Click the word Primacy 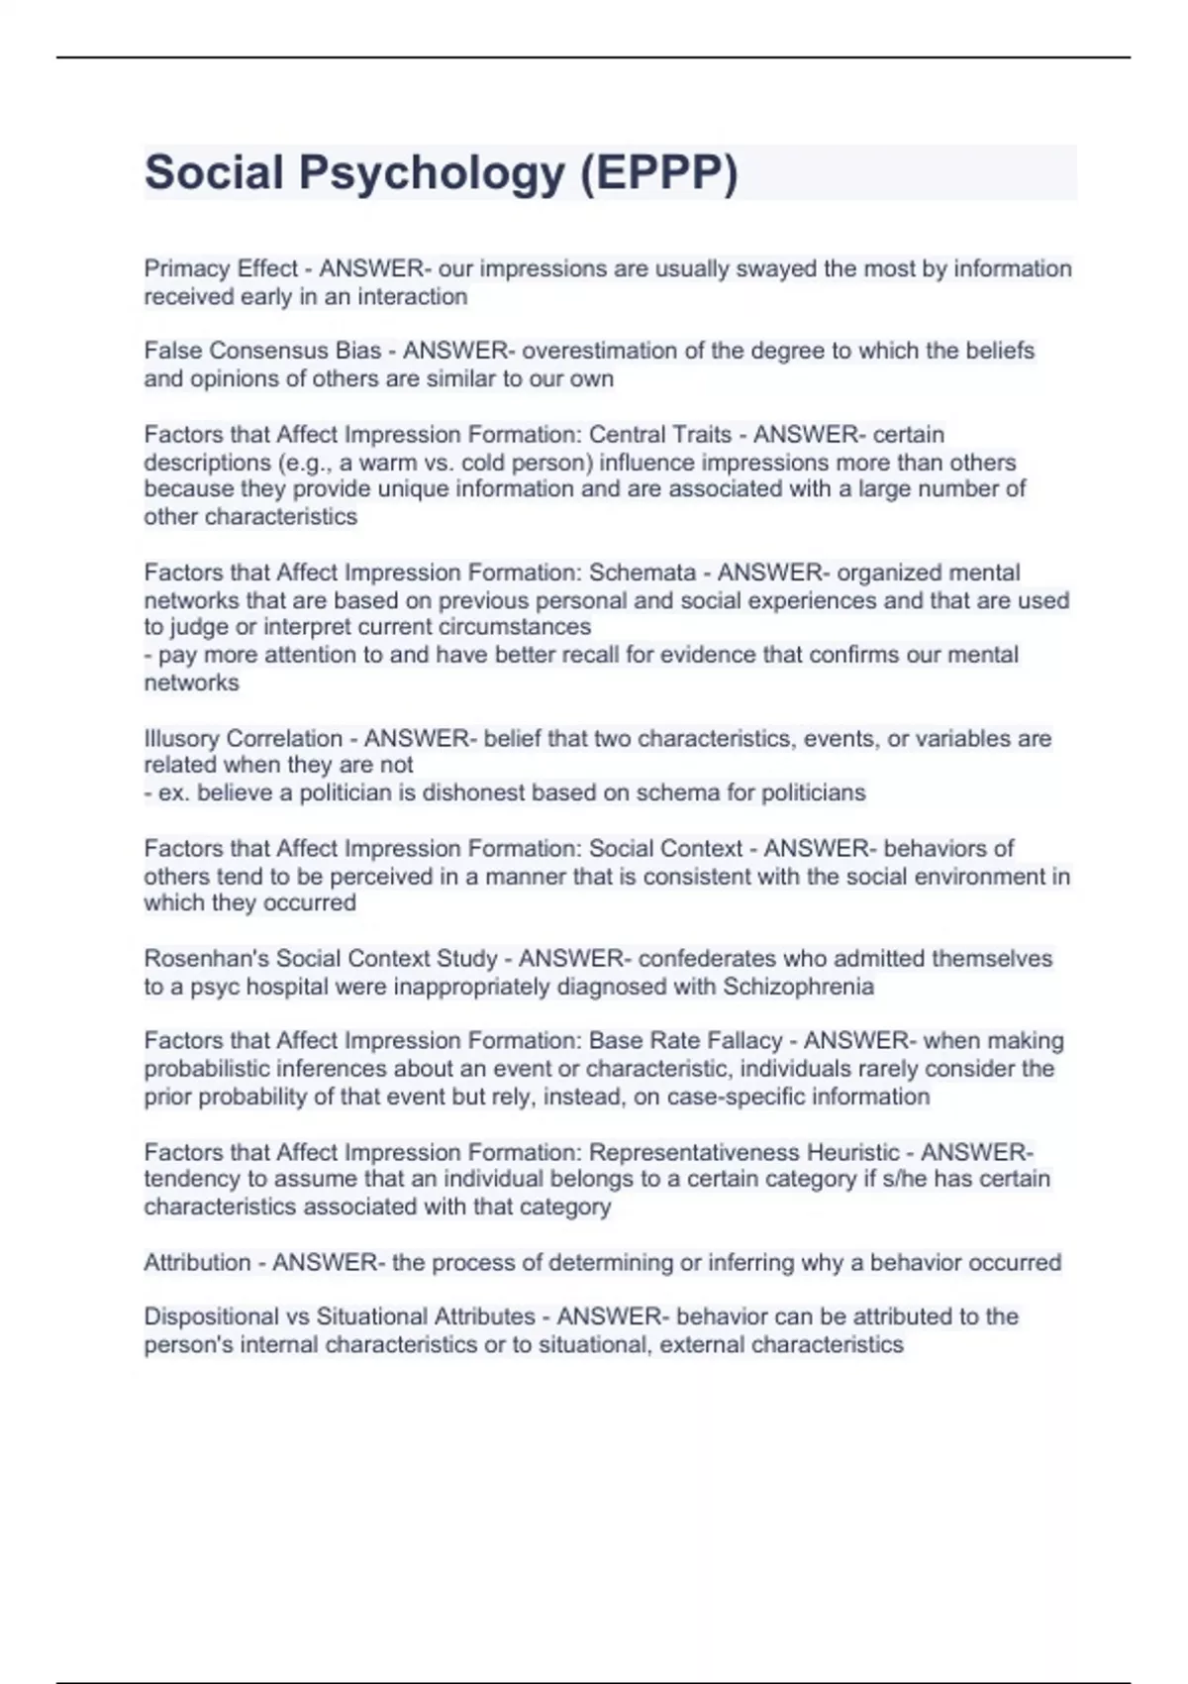tap(182, 269)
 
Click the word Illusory tap(182, 738)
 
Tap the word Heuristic tap(852, 1152)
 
